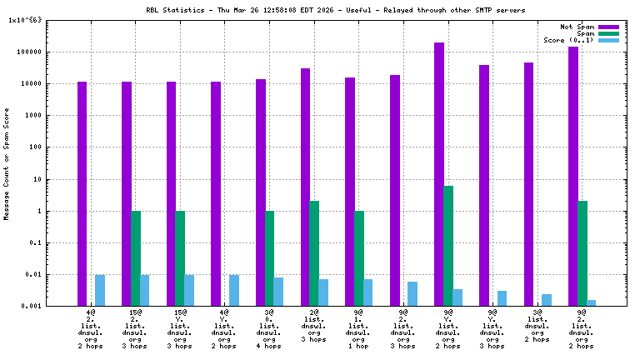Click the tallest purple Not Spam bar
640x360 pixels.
(439, 174)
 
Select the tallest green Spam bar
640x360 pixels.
(448, 246)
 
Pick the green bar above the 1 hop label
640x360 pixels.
(359, 258)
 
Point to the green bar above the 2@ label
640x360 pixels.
(314, 253)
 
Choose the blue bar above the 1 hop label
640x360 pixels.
(368, 292)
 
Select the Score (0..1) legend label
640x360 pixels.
(568, 40)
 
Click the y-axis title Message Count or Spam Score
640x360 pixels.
(7, 163)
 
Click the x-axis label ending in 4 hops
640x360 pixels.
(270, 327)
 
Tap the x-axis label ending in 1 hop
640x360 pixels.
(359, 327)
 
